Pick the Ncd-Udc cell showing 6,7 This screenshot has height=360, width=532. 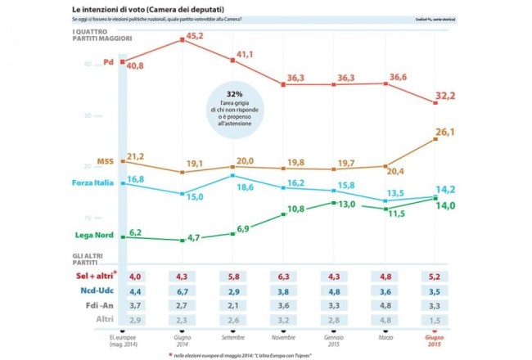(x=183, y=290)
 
